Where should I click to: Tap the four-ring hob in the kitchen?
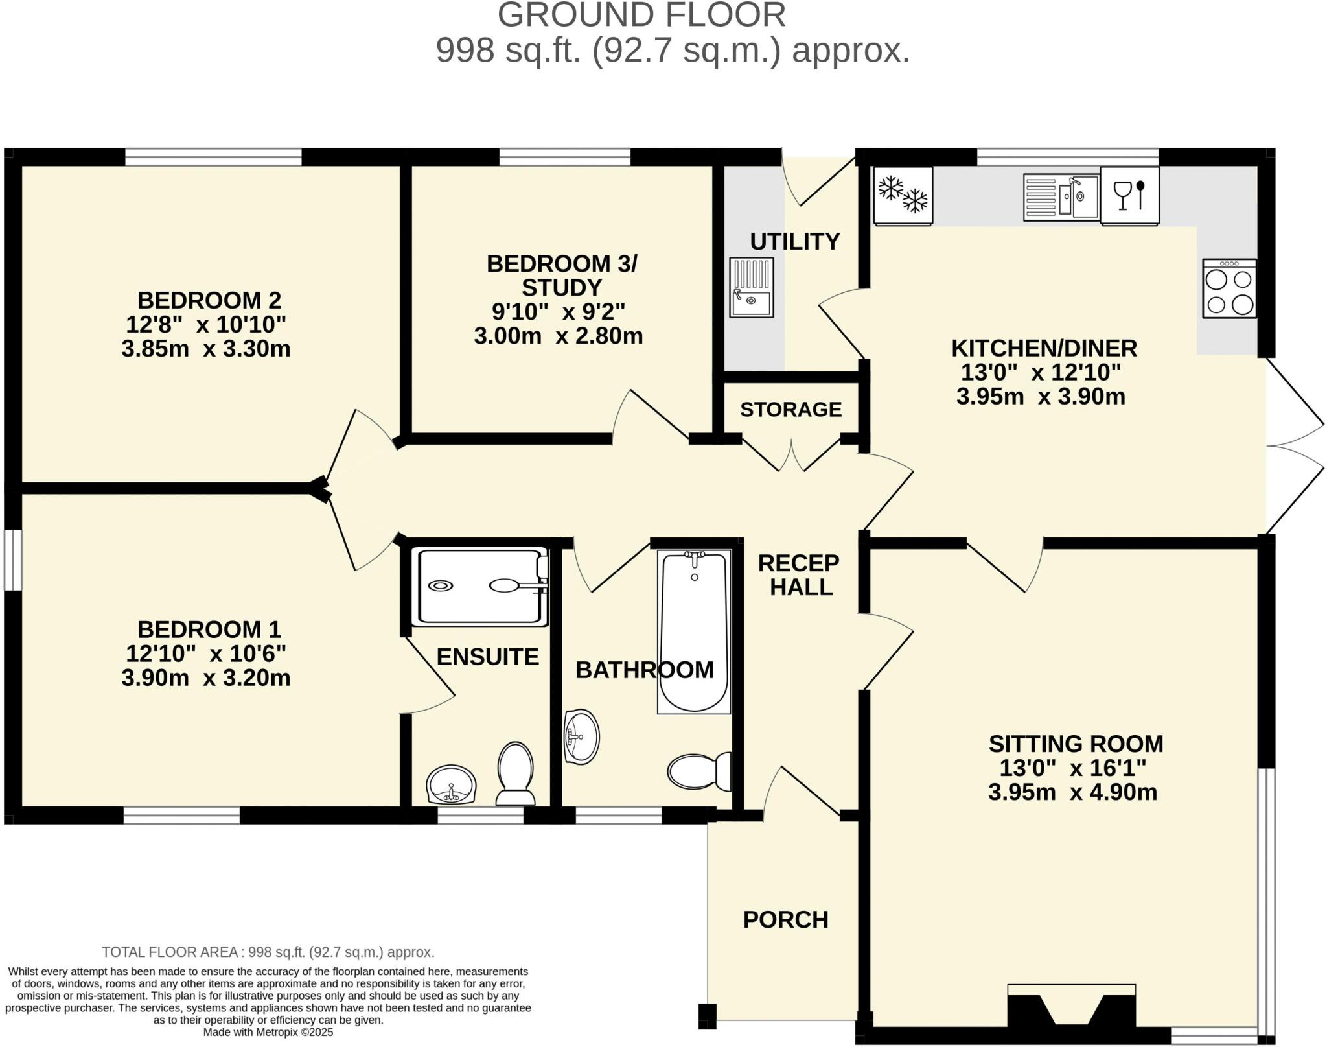point(1229,289)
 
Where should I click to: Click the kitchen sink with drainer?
point(1061,197)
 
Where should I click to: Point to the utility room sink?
point(751,287)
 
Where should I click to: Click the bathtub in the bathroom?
point(694,631)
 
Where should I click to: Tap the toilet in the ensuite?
point(515,773)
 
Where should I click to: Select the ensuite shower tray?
point(479,587)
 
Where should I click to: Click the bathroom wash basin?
point(581,736)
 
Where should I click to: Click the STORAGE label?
point(790,410)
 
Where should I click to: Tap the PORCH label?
point(785,919)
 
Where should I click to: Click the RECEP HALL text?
point(800,574)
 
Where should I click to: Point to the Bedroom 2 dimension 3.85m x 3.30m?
point(205,349)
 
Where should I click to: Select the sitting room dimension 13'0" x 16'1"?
point(1072,768)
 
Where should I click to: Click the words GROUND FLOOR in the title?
point(641,15)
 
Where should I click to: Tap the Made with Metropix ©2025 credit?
point(268,1032)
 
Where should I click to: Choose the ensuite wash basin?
point(451,784)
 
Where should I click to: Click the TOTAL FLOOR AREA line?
point(268,952)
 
